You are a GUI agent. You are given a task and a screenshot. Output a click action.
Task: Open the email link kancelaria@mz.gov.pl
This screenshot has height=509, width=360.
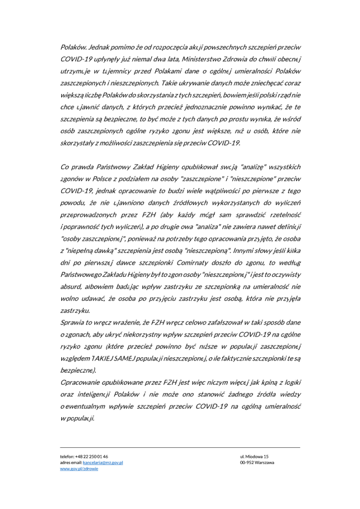(103, 462)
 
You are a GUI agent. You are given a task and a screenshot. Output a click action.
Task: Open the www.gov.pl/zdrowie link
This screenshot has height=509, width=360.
(79, 469)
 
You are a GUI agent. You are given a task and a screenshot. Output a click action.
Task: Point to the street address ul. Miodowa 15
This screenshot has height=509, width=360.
(254, 456)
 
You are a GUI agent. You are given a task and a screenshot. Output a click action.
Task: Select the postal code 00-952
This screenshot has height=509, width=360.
(247, 462)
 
